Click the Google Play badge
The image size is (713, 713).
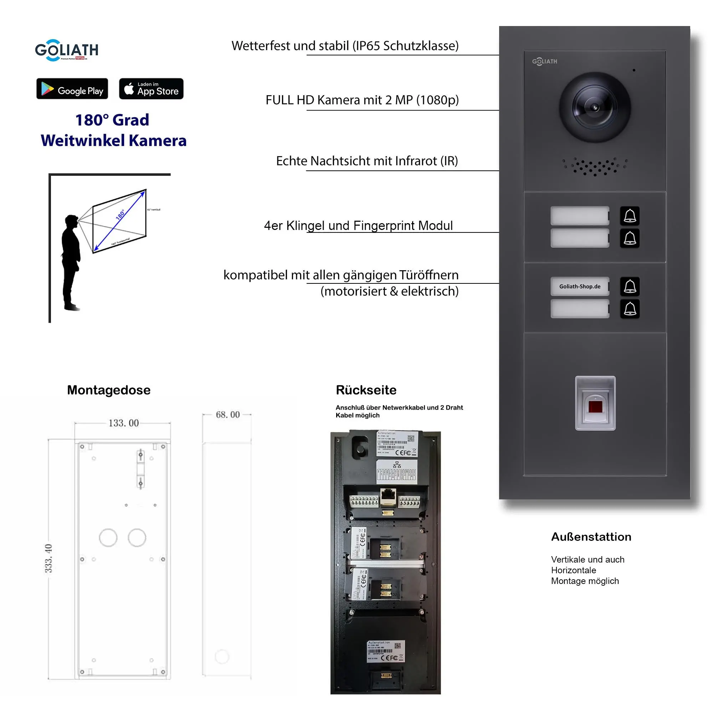pyautogui.click(x=72, y=88)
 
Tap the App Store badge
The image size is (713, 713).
pyautogui.click(x=151, y=88)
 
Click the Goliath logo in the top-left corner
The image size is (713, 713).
pyautogui.click(x=67, y=50)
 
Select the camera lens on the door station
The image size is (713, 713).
pyautogui.click(x=594, y=107)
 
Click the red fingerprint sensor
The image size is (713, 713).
pyautogui.click(x=595, y=407)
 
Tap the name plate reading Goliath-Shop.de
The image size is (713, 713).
pyautogui.click(x=579, y=286)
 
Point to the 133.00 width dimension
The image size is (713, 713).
pyautogui.click(x=123, y=423)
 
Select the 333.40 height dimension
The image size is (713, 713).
pyautogui.click(x=48, y=558)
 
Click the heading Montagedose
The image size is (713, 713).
pyautogui.click(x=108, y=390)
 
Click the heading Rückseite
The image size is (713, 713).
pyautogui.click(x=366, y=390)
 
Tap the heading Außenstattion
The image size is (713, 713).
pyautogui.click(x=591, y=537)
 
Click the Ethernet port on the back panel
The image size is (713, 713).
pyautogui.click(x=388, y=496)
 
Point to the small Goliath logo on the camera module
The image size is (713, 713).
pyautogui.click(x=544, y=62)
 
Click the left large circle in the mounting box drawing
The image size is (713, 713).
pyautogui.click(x=108, y=538)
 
